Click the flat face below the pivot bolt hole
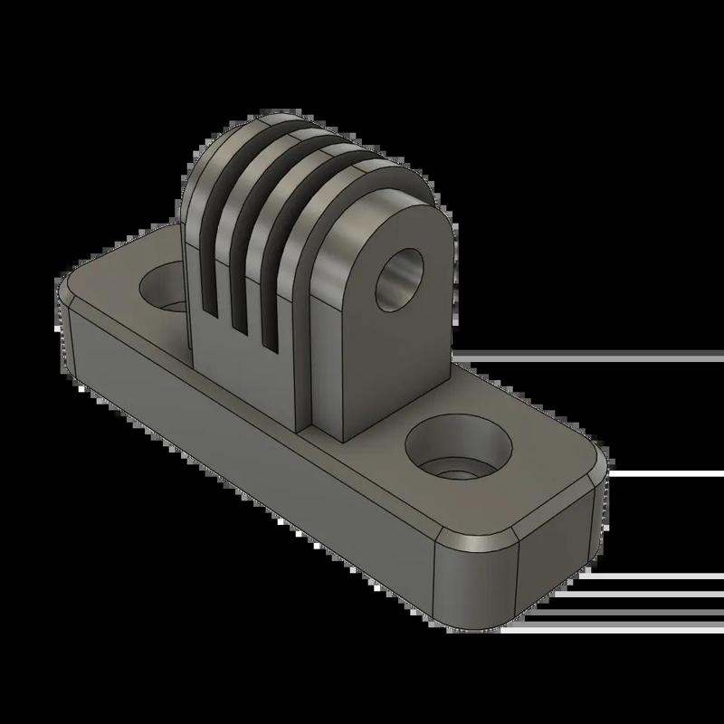click(x=380, y=371)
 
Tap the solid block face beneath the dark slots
click(x=244, y=380)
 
